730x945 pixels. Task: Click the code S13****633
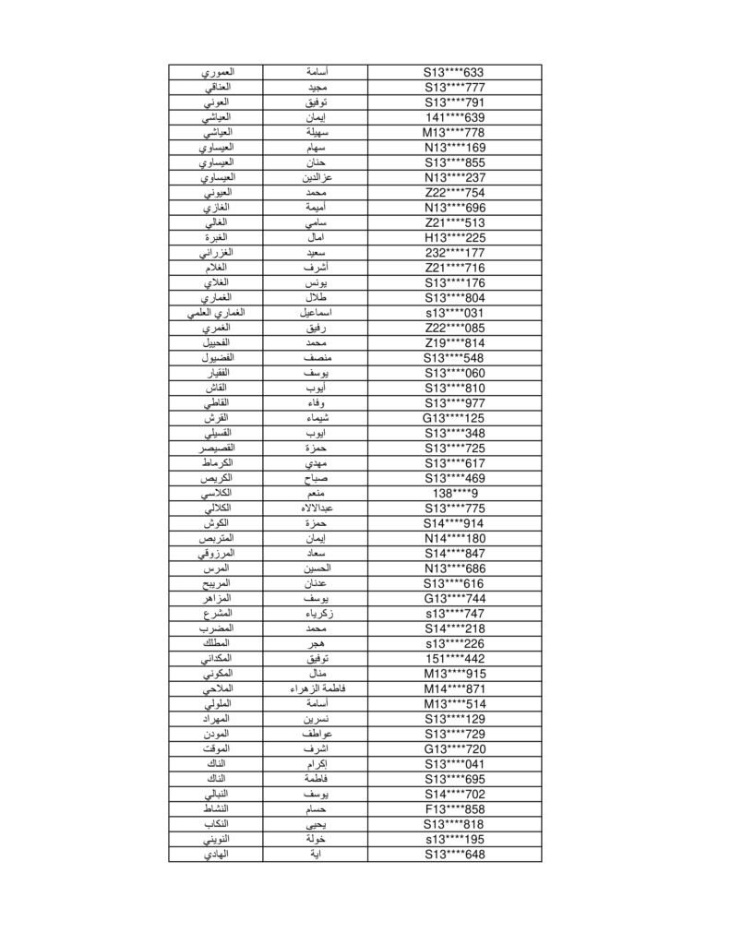454,72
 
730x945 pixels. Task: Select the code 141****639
454,117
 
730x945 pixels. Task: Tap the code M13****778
454,133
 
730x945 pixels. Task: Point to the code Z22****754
454,193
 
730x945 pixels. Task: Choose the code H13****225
454,238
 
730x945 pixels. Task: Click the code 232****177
454,253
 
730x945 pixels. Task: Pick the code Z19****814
454,343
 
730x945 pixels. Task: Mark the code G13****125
454,418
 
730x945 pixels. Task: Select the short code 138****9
454,494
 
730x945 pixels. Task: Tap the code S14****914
454,523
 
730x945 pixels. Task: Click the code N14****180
454,538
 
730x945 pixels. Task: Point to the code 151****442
454,659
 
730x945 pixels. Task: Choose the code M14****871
454,688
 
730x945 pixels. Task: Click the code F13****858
454,809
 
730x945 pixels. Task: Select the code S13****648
454,855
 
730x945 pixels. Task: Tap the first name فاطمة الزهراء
316,688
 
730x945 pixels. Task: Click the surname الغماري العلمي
215,313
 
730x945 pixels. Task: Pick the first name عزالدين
316,177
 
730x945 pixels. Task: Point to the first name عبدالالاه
316,508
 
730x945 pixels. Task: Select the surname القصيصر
215,449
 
